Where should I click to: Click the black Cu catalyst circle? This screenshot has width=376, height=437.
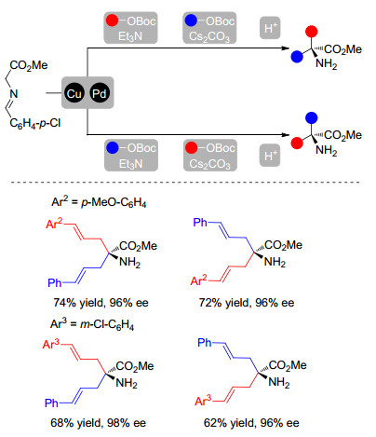click(74, 93)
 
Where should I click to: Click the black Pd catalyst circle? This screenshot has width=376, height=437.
click(100, 93)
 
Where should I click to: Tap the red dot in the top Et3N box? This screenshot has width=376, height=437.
click(113, 20)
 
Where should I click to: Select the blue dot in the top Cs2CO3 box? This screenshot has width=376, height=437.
click(191, 20)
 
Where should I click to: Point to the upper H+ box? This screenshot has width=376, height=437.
click(270, 28)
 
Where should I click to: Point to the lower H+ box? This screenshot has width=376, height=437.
click(270, 156)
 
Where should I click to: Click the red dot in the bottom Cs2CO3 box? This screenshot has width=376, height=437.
click(192, 148)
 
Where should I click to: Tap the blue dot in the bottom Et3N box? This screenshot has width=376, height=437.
click(113, 148)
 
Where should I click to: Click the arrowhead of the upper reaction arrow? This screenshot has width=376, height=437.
click(285, 48)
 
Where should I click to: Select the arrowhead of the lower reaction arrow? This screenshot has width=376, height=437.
click(285, 135)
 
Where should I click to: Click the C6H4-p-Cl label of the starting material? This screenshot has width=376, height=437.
click(35, 123)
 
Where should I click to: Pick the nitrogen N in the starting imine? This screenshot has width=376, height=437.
click(14, 94)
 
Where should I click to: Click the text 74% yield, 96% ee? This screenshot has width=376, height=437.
click(101, 303)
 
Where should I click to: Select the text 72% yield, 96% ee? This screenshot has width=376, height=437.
click(247, 303)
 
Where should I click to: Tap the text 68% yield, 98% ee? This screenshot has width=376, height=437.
click(98, 423)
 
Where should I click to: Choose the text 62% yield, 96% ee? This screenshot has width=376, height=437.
click(251, 423)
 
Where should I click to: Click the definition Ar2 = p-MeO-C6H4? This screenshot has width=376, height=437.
click(99, 202)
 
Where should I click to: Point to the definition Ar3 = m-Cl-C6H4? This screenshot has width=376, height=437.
click(92, 324)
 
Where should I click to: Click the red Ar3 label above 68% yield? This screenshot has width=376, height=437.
click(50, 344)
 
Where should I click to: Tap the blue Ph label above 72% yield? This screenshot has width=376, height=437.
click(200, 222)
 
